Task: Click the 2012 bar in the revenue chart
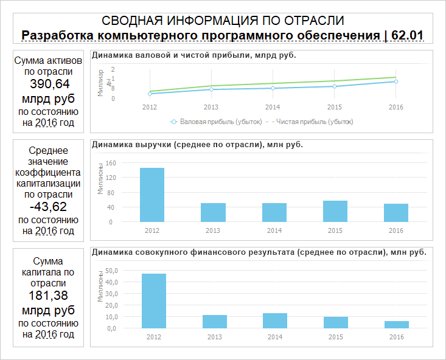click(x=152, y=195)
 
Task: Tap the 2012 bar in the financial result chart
click(x=153, y=300)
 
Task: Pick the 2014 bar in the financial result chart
click(x=275, y=320)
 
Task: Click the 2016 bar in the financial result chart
click(x=396, y=324)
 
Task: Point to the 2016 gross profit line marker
click(x=396, y=81)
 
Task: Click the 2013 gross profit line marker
click(x=211, y=89)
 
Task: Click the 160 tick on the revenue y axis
click(x=111, y=163)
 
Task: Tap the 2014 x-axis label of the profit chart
click(x=273, y=106)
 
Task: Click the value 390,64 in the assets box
click(x=44, y=84)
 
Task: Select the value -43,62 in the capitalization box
click(x=44, y=206)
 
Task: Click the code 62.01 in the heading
click(x=407, y=35)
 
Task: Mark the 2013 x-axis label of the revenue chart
click(x=212, y=230)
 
